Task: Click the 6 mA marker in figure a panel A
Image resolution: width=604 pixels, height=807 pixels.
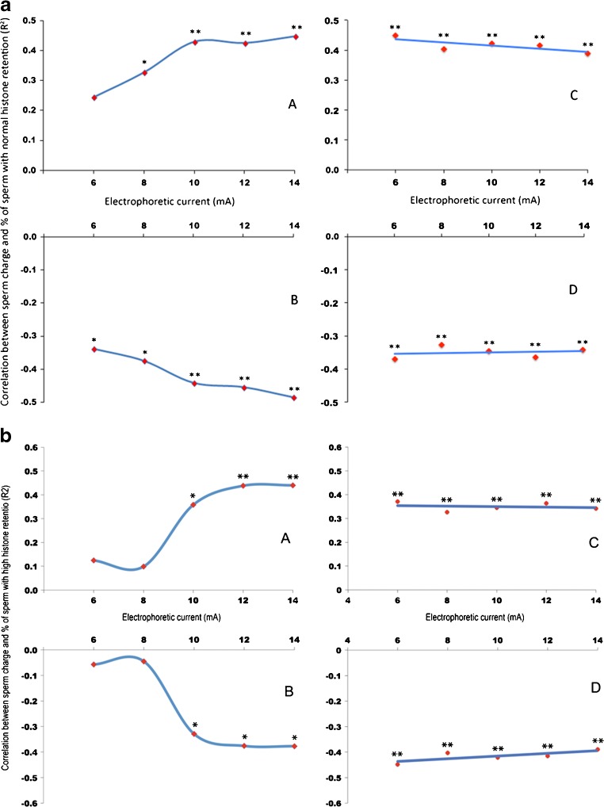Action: pyautogui.click(x=94, y=98)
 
